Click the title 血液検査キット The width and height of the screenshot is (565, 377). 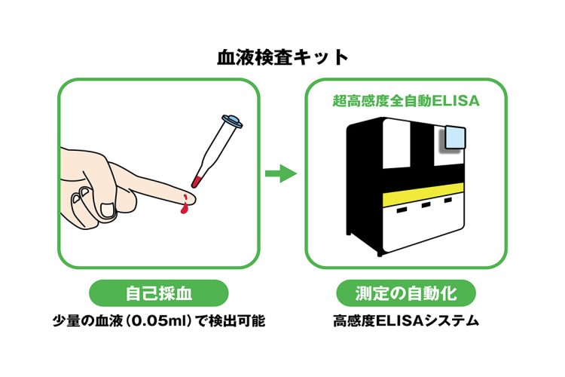tap(282, 58)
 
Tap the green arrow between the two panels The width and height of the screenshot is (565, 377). tap(281, 173)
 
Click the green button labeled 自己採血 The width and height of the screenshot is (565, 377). tap(158, 293)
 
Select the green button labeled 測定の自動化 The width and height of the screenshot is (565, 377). tap(406, 293)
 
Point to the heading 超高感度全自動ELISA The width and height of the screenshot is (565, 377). tap(406, 100)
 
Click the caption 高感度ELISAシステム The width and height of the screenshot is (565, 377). tap(406, 320)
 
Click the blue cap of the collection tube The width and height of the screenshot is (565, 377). tap(233, 121)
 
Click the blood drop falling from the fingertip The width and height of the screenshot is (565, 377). tap(184, 209)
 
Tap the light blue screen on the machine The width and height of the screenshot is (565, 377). tap(455, 137)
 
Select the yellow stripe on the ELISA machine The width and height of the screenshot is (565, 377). tap(423, 195)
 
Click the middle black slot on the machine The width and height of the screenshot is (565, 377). tap(426, 205)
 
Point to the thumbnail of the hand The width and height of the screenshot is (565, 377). tap(107, 210)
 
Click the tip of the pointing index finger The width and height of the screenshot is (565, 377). tap(194, 198)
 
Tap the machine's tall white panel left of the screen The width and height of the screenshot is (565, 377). tap(396, 143)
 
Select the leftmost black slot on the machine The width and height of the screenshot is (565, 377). tap(402, 210)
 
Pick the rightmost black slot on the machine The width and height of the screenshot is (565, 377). tap(448, 200)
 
